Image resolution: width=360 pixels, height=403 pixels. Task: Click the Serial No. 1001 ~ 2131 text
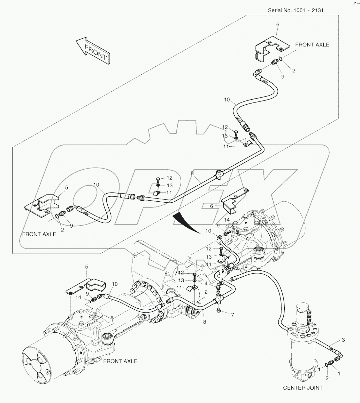[296, 10]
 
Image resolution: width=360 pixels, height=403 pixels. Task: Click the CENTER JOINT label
[303, 388]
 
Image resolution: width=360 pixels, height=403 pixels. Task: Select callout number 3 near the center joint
[343, 340]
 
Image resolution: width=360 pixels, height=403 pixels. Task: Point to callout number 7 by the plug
[232, 315]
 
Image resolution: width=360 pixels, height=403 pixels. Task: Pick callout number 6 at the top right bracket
[278, 25]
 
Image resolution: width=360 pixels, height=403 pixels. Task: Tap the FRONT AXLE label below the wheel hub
[120, 361]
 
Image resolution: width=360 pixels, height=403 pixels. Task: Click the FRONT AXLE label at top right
[312, 45]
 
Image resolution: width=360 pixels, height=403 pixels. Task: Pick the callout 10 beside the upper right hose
[227, 100]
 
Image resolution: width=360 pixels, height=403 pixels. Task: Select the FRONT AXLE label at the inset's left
[39, 234]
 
